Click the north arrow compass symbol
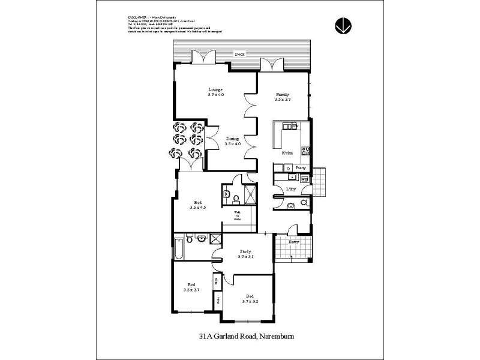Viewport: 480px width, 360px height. coord(343,25)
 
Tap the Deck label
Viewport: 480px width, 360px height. coord(239,54)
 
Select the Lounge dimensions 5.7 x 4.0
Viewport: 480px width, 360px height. coord(215,95)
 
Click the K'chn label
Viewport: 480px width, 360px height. coord(287,154)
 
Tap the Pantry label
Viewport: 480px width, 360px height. coord(301,168)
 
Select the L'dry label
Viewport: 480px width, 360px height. coord(292,190)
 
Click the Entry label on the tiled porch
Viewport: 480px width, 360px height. coord(294,242)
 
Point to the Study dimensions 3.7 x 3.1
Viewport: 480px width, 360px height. coord(245,256)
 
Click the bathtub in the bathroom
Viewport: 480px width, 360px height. coord(178,247)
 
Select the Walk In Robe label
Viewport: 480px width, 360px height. coord(237,216)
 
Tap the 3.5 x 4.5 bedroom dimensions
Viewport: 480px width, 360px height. coord(197,208)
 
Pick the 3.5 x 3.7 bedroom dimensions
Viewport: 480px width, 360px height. coord(191,290)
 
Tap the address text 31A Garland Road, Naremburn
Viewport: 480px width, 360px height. coord(246,337)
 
